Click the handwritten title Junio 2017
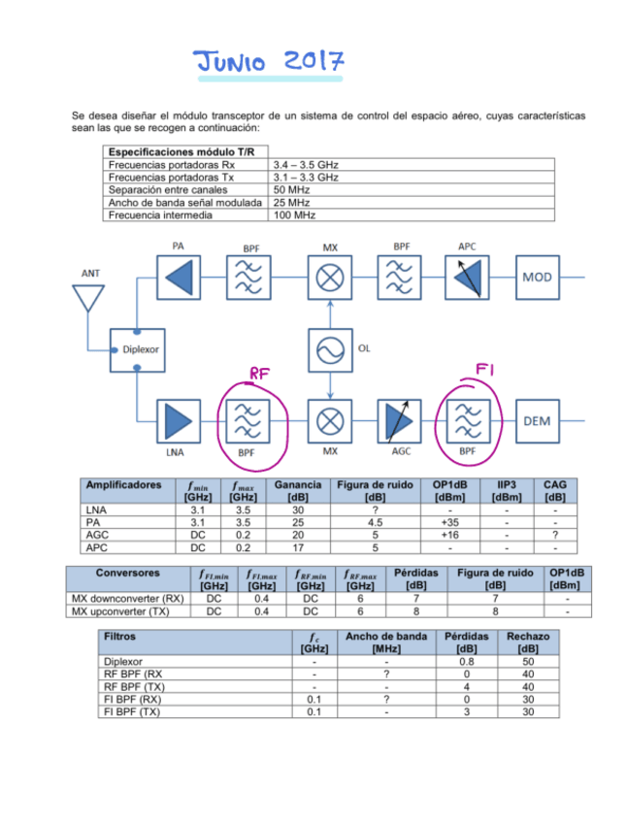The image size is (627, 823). click(267, 62)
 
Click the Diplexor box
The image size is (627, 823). click(140, 349)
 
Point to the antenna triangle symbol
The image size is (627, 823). click(87, 297)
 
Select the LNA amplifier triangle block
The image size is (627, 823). click(178, 420)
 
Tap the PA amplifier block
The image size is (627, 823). click(178, 278)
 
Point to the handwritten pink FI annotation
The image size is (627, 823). click(485, 369)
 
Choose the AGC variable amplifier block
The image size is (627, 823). click(399, 420)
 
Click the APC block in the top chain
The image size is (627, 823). click(468, 278)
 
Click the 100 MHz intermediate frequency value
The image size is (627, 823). click(293, 214)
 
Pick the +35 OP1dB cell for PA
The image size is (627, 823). click(450, 522)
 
